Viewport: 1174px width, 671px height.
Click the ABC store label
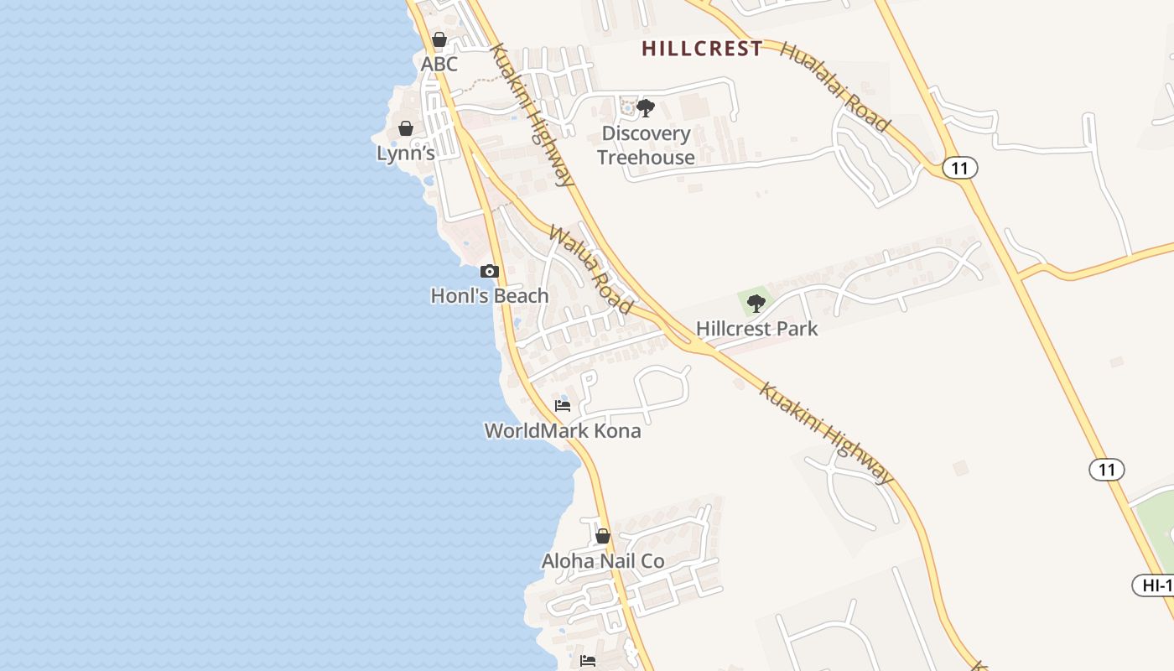tap(439, 64)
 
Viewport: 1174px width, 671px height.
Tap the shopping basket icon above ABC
tap(439, 39)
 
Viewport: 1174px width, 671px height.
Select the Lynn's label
tap(406, 153)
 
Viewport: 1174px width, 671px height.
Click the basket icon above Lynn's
tap(406, 128)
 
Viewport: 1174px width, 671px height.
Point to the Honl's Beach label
tap(490, 295)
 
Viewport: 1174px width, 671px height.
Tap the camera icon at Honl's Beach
tap(490, 271)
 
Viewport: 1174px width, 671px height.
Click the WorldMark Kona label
tap(563, 431)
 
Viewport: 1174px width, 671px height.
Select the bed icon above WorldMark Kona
tap(563, 406)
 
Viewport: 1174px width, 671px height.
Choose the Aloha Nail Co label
tap(603, 561)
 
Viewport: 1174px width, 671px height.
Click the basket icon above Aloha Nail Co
tap(603, 536)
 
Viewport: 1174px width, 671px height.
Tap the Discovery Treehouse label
tap(646, 145)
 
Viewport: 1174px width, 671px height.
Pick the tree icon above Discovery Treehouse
tap(646, 107)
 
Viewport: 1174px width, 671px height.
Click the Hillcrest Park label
tap(756, 329)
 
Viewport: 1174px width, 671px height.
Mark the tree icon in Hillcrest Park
tap(756, 304)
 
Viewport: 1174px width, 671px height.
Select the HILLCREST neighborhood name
tap(703, 49)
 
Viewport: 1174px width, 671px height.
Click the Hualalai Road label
tap(834, 86)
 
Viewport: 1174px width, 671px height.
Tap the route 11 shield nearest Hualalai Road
tap(960, 168)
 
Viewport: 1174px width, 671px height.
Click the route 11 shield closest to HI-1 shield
tap(1107, 470)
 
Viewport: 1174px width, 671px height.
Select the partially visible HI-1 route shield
tap(1154, 585)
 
